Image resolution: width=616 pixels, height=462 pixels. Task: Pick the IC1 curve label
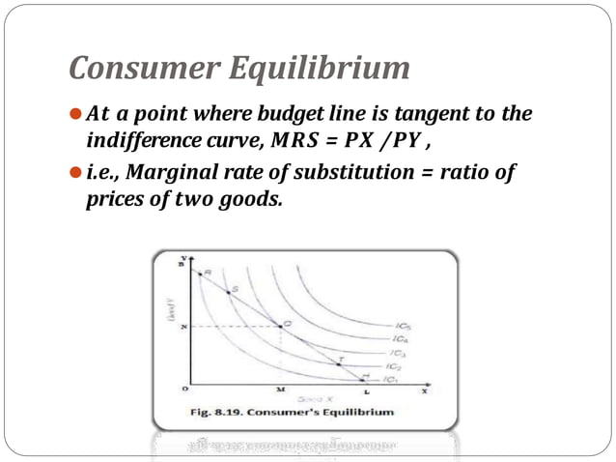point(390,380)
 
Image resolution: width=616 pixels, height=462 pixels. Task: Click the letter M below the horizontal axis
point(281,390)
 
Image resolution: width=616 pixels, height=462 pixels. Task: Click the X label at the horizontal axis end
point(423,390)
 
